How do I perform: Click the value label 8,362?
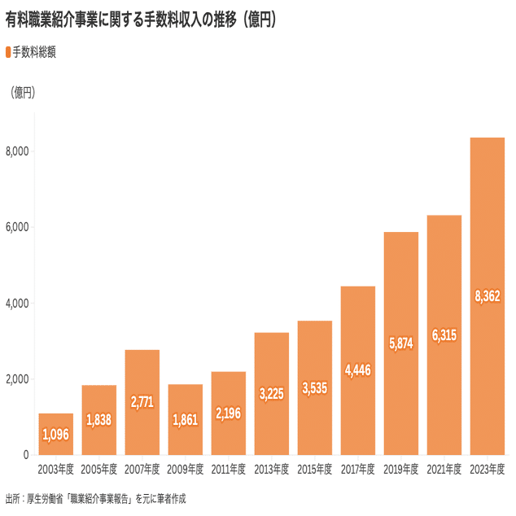point(488,296)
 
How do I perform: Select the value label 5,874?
point(401,343)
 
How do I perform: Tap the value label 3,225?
point(272,394)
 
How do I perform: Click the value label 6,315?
point(444,335)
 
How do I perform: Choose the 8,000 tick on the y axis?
point(17,151)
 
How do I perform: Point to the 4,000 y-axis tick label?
point(17,304)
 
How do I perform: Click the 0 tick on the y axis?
point(26,455)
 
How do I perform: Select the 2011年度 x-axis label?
point(229,470)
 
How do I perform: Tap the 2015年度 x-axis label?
point(315,470)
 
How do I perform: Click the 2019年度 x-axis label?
point(401,470)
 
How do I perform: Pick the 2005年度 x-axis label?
point(98,470)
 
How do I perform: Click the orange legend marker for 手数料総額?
point(8,52)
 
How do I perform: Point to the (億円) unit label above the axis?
point(22,93)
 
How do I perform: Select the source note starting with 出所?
point(101,498)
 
